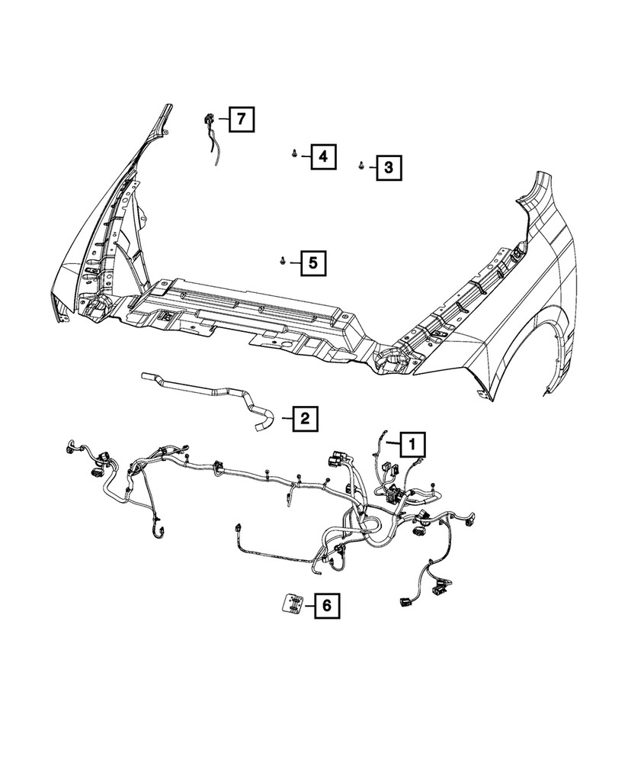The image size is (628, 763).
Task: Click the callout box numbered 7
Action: pos(240,119)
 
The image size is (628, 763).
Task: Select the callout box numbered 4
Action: pos(322,157)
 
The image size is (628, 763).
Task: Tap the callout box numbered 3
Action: pos(388,166)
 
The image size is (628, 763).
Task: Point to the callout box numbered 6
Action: pos(325,607)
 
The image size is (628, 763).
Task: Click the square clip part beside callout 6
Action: pos(290,604)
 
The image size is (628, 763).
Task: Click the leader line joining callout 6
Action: pos(306,607)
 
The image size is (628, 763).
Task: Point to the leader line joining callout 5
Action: pos(293,263)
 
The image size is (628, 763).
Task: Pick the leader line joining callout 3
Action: pos(370,166)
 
